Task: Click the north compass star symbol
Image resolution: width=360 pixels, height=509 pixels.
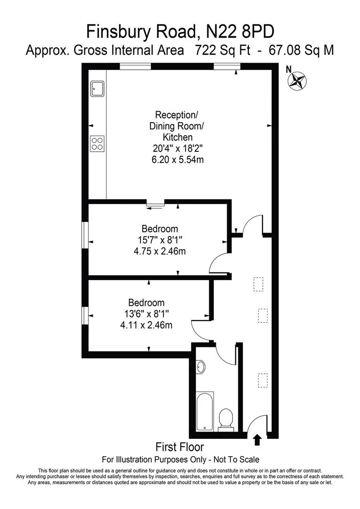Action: (297, 80)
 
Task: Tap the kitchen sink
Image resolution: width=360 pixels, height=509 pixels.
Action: (98, 88)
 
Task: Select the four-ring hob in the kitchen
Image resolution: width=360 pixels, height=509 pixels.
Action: (98, 143)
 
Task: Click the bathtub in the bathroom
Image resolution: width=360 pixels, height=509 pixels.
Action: (205, 411)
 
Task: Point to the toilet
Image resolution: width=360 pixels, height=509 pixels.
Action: (226, 419)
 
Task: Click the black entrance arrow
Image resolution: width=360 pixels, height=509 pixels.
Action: (257, 440)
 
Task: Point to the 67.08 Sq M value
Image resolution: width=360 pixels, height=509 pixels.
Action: (301, 50)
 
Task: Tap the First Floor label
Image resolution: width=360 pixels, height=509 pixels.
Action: (180, 447)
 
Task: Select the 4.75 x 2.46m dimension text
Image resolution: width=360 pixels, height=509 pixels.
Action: (160, 251)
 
